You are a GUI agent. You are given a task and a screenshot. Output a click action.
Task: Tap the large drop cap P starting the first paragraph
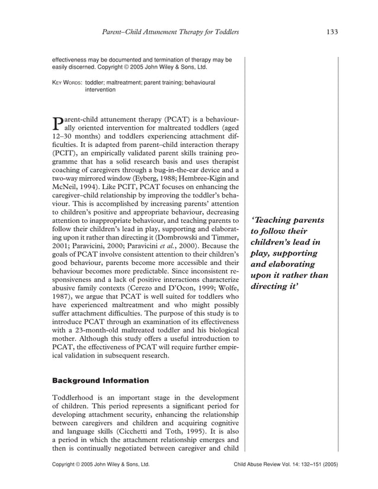[x=57, y=123]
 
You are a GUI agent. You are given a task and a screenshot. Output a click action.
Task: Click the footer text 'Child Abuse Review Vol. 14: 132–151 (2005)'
[x=286, y=465]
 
